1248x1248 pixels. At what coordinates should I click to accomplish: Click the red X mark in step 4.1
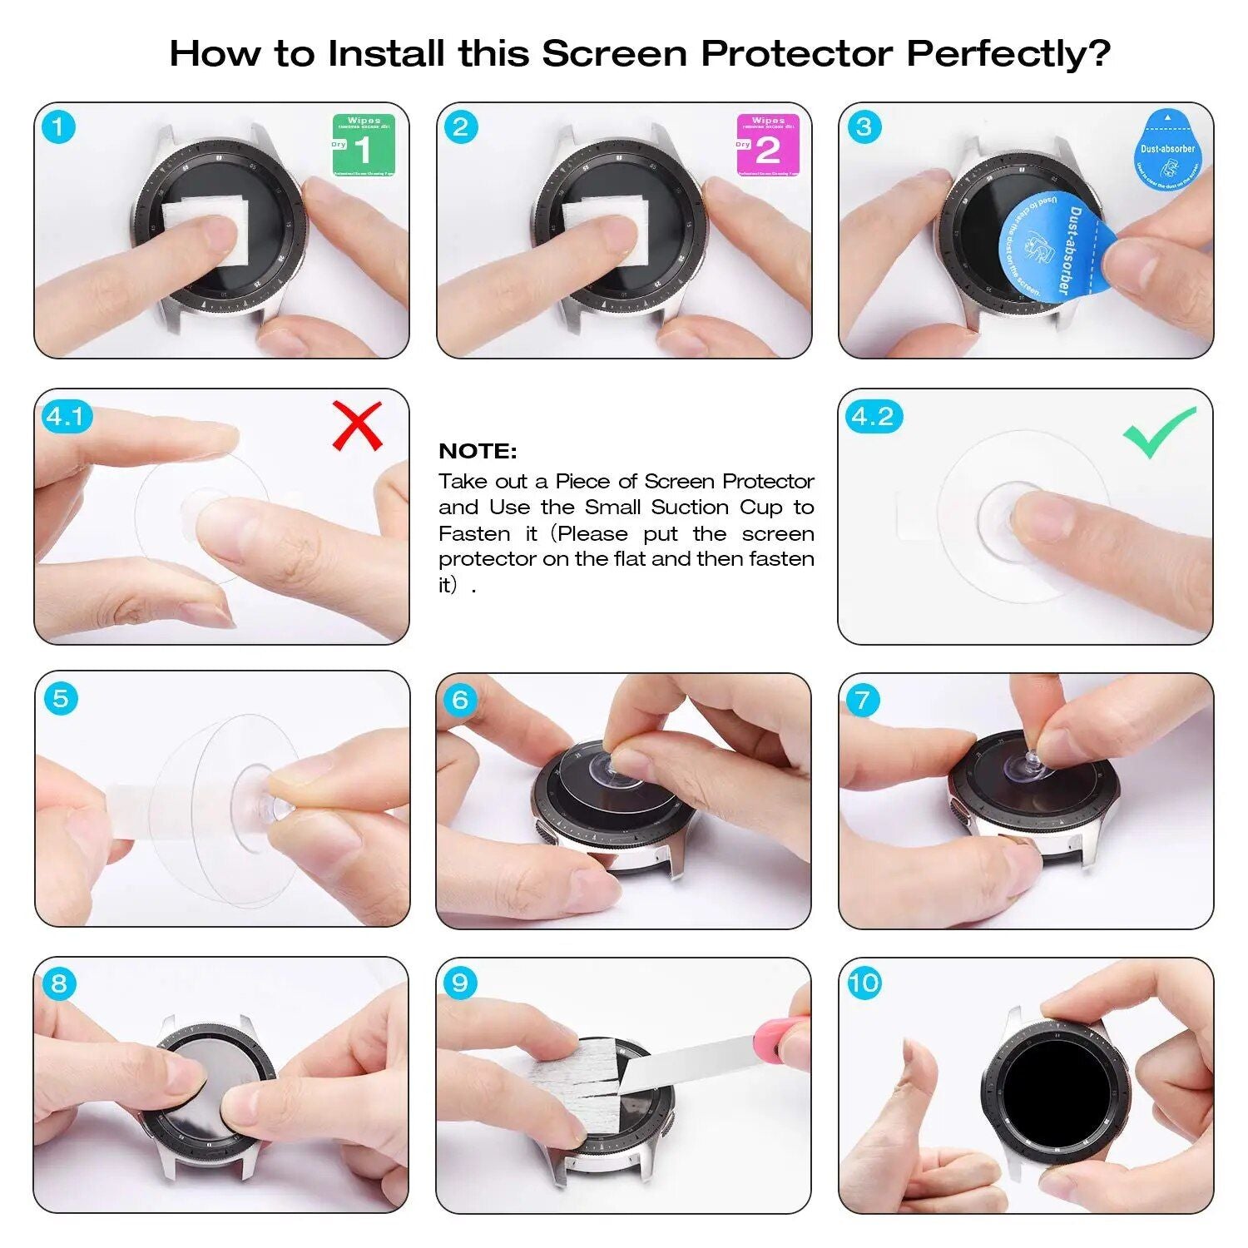[x=357, y=425]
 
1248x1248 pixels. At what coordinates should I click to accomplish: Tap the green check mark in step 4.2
[x=1158, y=432]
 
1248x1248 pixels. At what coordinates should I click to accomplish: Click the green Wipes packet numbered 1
[x=364, y=146]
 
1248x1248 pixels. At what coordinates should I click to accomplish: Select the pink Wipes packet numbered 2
[x=767, y=146]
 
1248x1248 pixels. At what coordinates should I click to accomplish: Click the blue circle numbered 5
[x=61, y=698]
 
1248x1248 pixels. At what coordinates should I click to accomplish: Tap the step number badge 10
[x=864, y=983]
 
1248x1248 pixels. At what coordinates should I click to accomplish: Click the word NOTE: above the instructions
[x=478, y=451]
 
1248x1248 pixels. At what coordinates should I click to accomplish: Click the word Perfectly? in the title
[x=1008, y=54]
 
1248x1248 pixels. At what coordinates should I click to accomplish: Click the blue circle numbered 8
[x=59, y=983]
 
